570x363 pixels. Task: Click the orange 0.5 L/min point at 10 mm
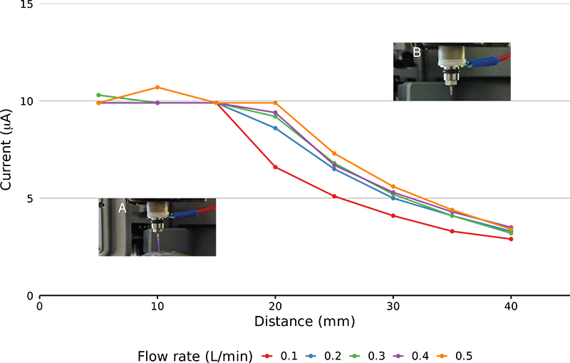[157, 88]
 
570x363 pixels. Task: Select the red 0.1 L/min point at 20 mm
[275, 168]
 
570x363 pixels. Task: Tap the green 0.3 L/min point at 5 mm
[98, 95]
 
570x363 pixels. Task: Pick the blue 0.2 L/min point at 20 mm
[275, 128]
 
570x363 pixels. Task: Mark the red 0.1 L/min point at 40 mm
[511, 239]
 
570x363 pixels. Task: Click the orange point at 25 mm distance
[334, 153]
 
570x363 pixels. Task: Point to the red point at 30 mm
[393, 215]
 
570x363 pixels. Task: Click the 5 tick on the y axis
[30, 198]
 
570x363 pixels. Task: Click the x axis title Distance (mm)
[304, 322]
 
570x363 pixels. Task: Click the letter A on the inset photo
[122, 209]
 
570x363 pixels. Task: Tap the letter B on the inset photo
[417, 52]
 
